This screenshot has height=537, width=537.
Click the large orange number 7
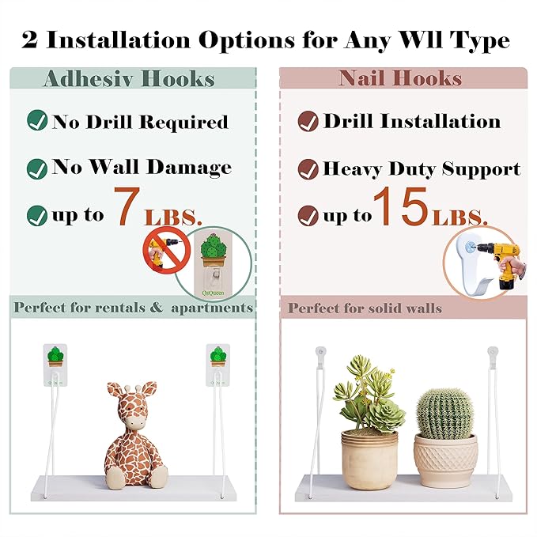point(127,206)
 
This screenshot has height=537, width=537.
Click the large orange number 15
point(401,206)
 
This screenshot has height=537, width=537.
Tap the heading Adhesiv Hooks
point(130,79)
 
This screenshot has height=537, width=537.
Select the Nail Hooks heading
point(400,78)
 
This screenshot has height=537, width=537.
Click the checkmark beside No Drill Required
point(37,120)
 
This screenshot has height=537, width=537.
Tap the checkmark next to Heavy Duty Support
point(308,169)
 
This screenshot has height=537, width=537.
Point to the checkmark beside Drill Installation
point(308,121)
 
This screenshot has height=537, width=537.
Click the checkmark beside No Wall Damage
point(37,168)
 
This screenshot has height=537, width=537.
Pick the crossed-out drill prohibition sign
point(166,251)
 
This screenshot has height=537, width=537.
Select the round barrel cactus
point(444,414)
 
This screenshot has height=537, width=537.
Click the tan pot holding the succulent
point(369,459)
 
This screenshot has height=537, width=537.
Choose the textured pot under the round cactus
point(445,460)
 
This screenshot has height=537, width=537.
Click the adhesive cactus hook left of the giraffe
point(55,365)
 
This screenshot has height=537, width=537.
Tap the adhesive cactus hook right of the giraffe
point(217,365)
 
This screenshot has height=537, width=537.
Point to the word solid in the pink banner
point(382,308)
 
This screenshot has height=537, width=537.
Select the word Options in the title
point(247,41)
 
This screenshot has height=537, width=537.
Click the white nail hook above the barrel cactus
point(493,357)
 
